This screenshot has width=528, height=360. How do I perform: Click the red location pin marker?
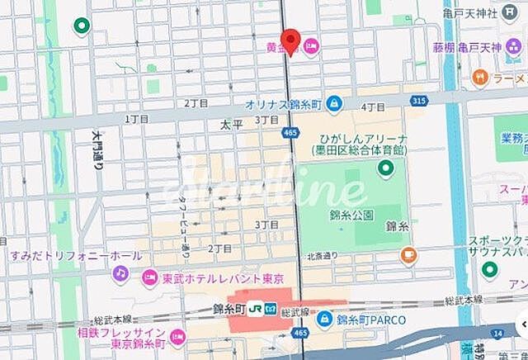click(x=290, y=40)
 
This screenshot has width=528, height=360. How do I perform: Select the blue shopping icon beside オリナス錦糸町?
click(x=334, y=104)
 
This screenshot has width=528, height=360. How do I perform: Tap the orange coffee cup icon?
click(x=407, y=255)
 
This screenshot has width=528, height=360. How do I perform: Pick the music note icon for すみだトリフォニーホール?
click(x=120, y=272)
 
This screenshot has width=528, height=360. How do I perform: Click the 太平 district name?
click(x=230, y=126)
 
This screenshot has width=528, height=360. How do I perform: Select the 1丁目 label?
click(x=137, y=119)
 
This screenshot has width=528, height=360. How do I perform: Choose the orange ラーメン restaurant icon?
click(x=479, y=78)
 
